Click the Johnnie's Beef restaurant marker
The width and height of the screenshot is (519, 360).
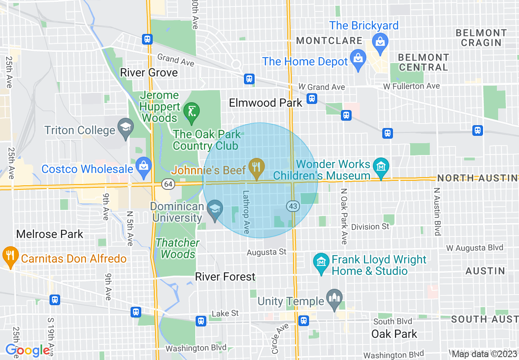256,167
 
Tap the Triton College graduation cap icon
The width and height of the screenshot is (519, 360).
126,126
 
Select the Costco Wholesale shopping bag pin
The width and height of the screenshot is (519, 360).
144,166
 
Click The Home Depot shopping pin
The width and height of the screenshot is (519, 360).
359,57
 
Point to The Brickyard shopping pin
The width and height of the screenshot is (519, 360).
380,41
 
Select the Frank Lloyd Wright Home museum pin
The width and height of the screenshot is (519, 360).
322,261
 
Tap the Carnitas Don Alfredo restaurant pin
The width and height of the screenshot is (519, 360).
10,255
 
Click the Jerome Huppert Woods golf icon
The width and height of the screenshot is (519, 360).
191,111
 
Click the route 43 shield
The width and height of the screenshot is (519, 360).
293,207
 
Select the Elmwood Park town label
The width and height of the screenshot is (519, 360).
265,103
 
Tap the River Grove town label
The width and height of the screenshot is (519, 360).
149,73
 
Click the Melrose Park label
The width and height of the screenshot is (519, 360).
50,234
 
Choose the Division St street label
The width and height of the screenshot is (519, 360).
370,227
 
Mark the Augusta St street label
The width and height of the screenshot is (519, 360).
266,252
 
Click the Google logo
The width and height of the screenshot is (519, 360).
27,350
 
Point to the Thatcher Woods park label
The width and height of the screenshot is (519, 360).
178,248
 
